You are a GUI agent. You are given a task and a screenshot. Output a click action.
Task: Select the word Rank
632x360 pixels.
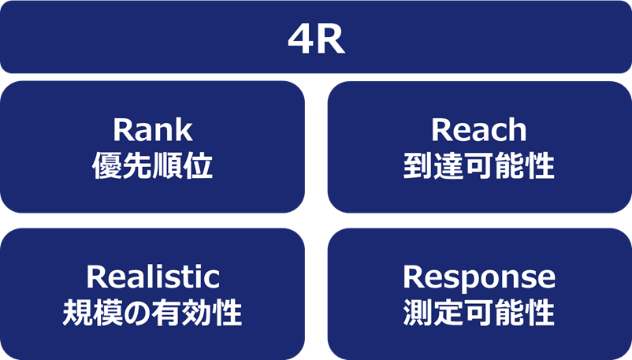pos(153,129)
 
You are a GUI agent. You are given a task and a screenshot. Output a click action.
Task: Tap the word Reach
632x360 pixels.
pos(479,129)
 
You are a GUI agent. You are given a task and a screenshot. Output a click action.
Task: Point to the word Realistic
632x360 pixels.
pos(153,276)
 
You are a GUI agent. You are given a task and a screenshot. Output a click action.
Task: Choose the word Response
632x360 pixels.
pos(479,276)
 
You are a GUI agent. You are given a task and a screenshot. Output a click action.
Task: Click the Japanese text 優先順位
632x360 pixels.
pos(153,166)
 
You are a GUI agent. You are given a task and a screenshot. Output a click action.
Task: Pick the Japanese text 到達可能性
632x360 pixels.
pos(479,166)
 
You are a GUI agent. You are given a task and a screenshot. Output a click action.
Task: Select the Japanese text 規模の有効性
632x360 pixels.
pos(153,314)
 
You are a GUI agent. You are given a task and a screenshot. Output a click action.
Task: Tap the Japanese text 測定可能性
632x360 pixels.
pos(479,314)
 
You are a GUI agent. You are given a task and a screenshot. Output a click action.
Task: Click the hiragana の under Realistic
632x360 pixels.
pos(138,314)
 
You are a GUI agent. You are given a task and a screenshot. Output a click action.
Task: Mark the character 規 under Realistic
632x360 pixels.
pos(78,314)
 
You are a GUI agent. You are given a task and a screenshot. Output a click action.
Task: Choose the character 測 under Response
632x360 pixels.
pos(419,314)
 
